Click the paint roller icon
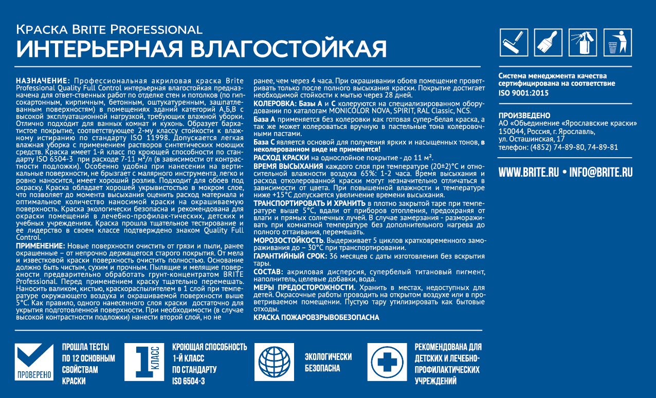pos(514,43)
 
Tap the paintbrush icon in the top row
pos(548,43)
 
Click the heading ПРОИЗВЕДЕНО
pos(524,116)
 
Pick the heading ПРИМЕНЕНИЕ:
pos(41,246)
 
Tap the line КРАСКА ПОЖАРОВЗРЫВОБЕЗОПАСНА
pos(316,317)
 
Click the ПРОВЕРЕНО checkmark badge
pos(34,363)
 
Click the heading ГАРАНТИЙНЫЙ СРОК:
pos(289,256)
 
